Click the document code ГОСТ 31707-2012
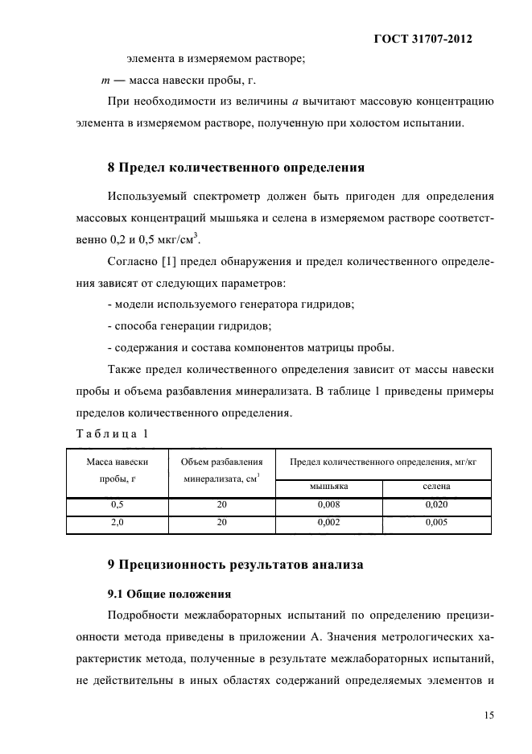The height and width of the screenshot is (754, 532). point(423,39)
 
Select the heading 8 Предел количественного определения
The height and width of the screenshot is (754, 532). point(237,168)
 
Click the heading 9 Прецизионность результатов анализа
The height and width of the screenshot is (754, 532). point(236,565)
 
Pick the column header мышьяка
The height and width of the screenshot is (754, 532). point(328,487)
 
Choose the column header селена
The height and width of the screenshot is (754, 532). point(436,487)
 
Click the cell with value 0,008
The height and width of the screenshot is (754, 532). point(328,506)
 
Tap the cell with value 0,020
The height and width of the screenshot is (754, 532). point(436,506)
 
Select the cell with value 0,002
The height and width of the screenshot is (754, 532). point(328,523)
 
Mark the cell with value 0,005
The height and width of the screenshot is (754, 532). point(436,523)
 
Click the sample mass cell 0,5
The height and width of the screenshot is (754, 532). point(117,506)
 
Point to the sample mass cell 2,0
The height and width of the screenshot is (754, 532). point(117,523)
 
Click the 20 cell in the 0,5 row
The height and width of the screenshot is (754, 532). point(222,506)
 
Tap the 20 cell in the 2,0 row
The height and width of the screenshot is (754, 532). point(222,523)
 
